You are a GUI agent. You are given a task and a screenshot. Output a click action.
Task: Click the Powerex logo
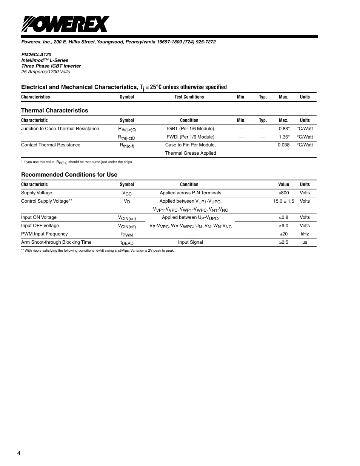point(65,25)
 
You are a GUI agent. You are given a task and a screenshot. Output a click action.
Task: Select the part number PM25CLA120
point(36,55)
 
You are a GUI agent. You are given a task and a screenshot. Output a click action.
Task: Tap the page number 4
point(18,453)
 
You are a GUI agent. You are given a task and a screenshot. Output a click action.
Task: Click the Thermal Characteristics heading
point(54,111)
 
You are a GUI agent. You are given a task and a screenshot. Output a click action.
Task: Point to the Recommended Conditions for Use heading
point(69,175)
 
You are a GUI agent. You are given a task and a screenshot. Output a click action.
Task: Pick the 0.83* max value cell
point(284,129)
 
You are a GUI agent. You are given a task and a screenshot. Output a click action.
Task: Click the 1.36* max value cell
point(284,137)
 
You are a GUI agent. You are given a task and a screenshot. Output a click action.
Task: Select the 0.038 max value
point(283,145)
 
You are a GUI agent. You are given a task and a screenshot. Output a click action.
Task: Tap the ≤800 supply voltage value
point(283,193)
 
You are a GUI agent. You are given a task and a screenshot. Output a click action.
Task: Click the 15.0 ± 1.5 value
point(283,201)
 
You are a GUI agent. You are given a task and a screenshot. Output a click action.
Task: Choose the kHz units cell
point(305,234)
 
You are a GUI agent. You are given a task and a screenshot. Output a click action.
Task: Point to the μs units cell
point(305,242)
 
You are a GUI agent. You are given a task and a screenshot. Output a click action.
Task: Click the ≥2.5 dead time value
point(283,242)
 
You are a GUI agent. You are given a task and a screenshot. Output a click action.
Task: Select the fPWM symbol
point(127,234)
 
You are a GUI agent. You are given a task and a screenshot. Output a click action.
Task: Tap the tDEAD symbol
point(127,243)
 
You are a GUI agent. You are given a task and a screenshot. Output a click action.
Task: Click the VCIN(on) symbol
point(127,218)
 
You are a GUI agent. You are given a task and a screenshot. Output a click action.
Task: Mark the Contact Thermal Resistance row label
point(51,145)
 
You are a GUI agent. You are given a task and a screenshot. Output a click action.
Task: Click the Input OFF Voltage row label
point(40,226)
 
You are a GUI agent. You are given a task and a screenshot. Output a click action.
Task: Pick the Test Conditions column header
point(189,97)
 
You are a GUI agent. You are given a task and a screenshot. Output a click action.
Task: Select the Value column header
point(283,185)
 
